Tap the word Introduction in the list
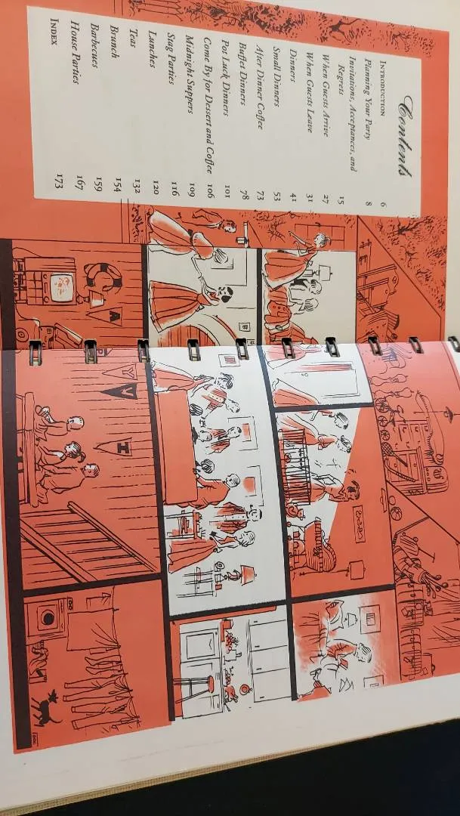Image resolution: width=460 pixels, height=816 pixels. coord(382,88)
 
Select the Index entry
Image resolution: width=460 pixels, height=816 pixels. coord(54,32)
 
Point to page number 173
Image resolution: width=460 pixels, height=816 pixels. coord(59,181)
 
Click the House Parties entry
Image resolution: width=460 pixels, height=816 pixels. coord(75,53)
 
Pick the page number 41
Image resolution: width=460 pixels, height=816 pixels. coord(294,197)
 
